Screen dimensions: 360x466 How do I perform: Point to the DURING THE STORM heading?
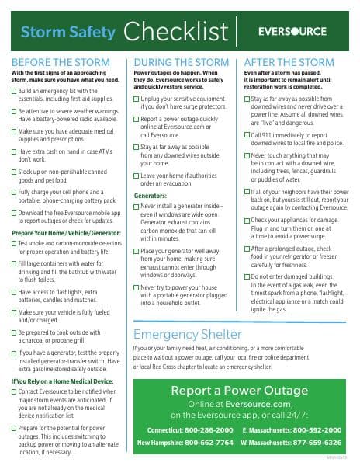pos(182,62)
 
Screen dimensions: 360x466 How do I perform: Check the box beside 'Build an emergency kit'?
pos(16,92)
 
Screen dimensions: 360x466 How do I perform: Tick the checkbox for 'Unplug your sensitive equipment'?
pos(137,100)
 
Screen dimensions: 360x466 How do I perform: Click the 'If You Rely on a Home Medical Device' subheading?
pos(62,381)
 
